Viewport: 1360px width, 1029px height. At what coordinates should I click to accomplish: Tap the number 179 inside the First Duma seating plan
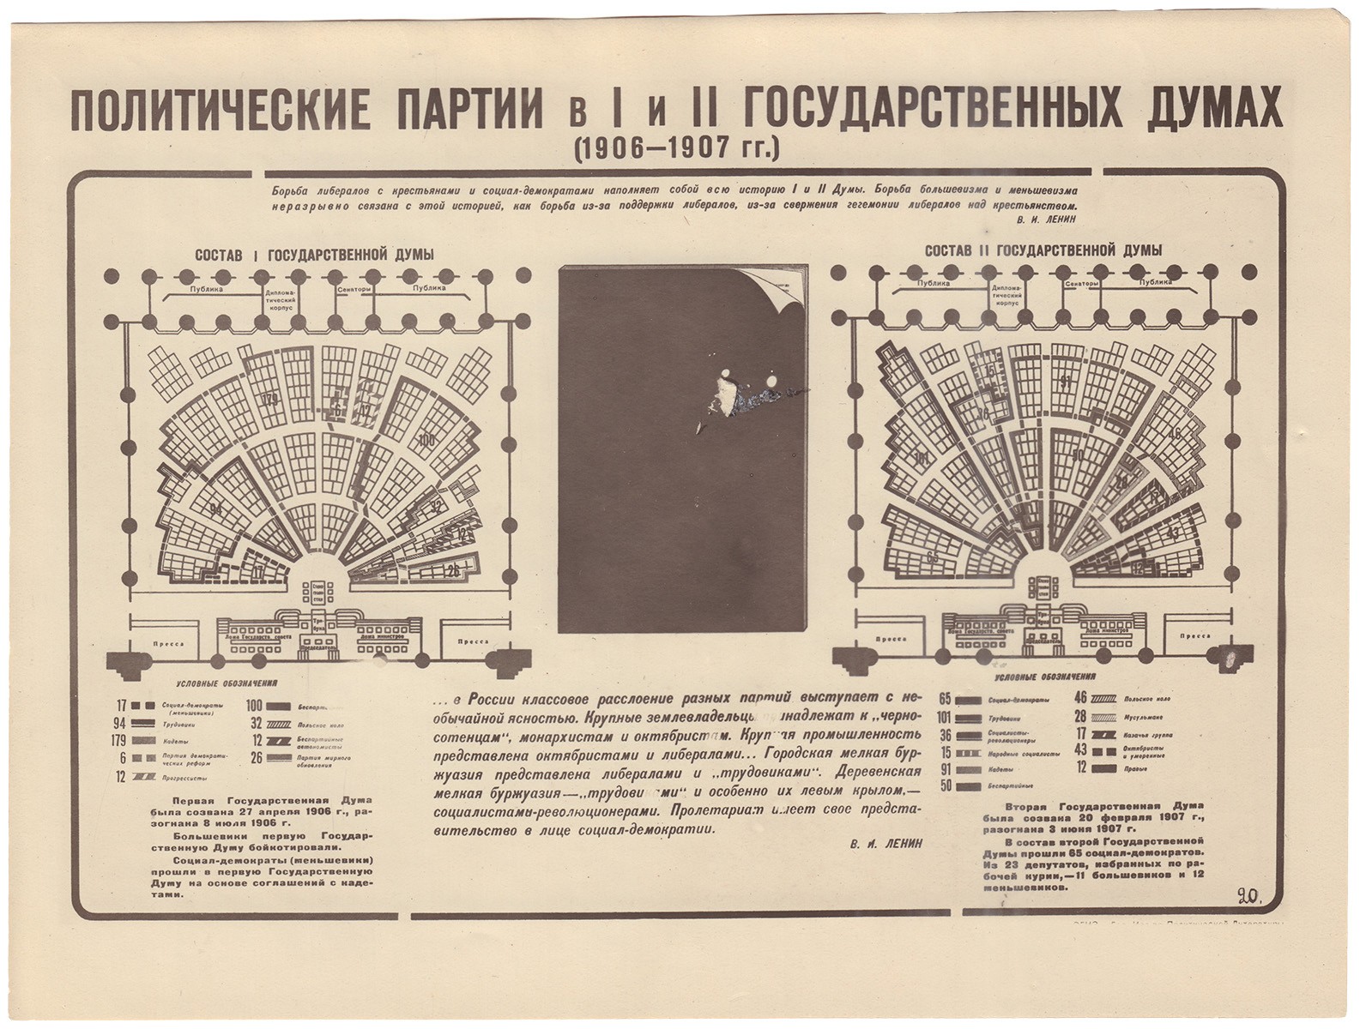click(271, 400)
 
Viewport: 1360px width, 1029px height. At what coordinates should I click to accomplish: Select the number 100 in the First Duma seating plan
click(426, 441)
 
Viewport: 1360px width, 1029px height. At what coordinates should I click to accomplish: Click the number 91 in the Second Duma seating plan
click(1065, 383)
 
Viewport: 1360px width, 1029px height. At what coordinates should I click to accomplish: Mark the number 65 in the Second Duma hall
click(934, 557)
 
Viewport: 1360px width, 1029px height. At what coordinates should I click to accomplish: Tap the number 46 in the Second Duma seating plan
click(1174, 433)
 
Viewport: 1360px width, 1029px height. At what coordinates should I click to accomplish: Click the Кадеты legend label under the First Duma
click(176, 740)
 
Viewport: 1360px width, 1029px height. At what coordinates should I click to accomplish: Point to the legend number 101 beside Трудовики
click(945, 717)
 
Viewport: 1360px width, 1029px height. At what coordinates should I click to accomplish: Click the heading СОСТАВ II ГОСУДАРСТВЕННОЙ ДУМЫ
click(1043, 250)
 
